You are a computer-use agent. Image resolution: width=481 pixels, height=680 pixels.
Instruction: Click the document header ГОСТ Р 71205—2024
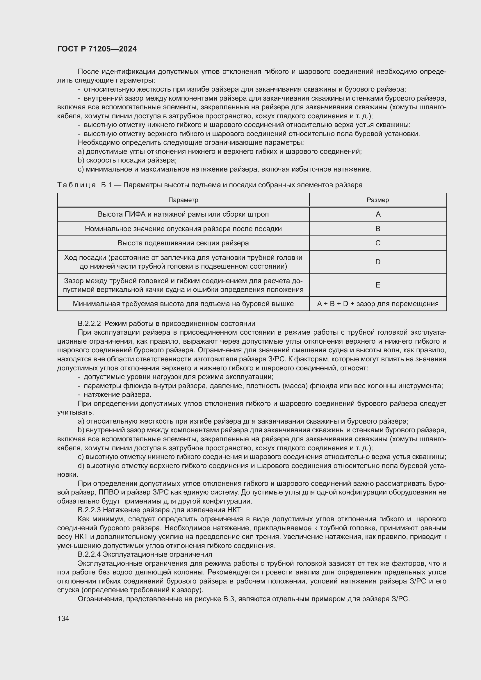tap(97, 49)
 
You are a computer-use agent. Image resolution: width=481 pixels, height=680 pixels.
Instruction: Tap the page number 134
tap(63, 618)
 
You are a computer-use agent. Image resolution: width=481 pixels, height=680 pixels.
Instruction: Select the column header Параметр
tap(183, 200)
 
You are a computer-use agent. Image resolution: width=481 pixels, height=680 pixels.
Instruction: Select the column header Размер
tap(378, 200)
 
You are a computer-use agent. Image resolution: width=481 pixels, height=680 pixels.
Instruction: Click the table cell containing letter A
tap(378, 214)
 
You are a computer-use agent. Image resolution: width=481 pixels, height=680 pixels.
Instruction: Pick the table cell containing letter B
tap(378, 229)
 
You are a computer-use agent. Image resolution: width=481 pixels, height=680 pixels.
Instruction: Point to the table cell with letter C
tap(378, 243)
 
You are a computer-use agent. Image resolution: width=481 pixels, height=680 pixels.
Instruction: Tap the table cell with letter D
tap(378, 262)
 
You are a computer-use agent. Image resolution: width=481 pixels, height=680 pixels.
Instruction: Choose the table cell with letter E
tap(378, 285)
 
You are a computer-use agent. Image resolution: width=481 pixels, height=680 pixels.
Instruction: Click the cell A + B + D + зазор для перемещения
tap(378, 304)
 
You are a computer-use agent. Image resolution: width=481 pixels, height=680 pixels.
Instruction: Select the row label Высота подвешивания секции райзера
tap(183, 243)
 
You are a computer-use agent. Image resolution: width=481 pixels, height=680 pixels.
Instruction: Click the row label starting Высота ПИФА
tap(183, 214)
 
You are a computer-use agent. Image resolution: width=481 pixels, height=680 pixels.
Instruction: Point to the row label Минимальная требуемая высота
tap(183, 304)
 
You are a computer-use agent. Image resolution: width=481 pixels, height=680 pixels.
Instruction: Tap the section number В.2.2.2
tap(90, 323)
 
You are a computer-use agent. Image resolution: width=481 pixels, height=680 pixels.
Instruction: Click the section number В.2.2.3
tap(90, 510)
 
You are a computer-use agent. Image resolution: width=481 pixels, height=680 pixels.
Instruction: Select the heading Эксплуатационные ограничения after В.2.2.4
tap(157, 554)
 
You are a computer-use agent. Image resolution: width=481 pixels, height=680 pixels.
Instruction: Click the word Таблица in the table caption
tap(76, 185)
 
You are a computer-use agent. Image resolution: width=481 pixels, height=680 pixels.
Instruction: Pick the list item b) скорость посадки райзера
tap(127, 160)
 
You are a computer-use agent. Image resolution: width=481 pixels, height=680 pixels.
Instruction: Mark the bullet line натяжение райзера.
tap(117, 395)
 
